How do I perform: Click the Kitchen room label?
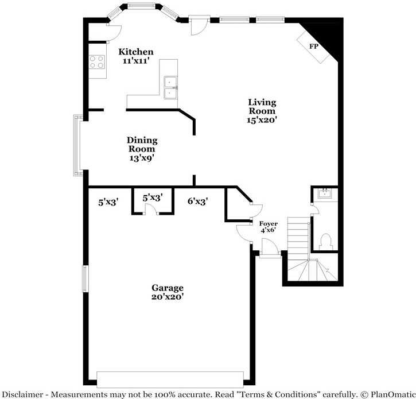136,52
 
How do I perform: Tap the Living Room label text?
262,107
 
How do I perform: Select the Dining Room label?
142,144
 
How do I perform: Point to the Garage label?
167,288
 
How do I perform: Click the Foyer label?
269,223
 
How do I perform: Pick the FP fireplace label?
314,46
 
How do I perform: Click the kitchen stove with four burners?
98,62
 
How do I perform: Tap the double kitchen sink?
170,87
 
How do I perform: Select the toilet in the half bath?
325,241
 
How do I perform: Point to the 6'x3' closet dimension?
197,201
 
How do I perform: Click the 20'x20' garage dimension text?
167,297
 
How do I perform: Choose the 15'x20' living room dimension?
262,121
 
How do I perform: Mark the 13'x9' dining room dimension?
142,158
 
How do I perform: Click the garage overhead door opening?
170,379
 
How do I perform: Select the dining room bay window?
78,145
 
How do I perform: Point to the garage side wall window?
85,278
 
